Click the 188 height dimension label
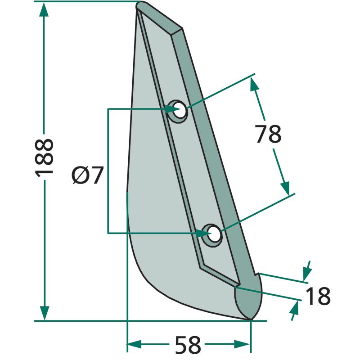tap(44, 158)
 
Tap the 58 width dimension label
tap(188, 345)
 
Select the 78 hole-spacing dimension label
tap(268, 134)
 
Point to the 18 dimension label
tap(318, 296)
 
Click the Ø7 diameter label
tap(87, 175)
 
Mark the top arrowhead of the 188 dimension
tap(44, 9)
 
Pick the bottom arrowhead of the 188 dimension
tap(44, 313)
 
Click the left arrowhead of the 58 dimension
tap(134, 344)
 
